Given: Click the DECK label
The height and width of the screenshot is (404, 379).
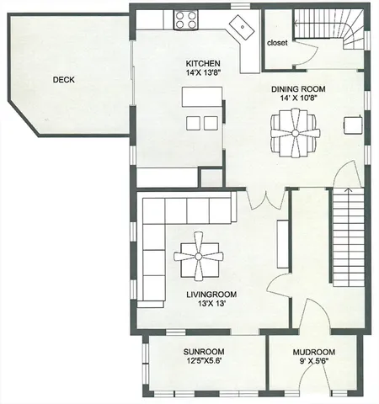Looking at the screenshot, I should (x=65, y=80).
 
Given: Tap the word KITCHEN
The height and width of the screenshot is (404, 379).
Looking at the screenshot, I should (x=203, y=64).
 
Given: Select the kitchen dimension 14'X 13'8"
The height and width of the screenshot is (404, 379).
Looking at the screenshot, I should (x=203, y=74).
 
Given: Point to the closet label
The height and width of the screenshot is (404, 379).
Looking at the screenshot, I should (x=278, y=42).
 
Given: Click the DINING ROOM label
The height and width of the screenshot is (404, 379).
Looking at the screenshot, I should (x=297, y=88).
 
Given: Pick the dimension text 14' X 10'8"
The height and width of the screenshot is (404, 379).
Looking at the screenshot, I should (x=297, y=98).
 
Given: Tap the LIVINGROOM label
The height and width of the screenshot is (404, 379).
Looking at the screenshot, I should (x=211, y=295).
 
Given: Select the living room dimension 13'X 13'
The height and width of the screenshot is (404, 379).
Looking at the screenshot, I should (x=211, y=305).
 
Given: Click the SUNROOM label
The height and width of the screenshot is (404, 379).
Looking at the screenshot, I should (x=204, y=352).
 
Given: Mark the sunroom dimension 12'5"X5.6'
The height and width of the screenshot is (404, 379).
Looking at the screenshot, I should (x=204, y=362).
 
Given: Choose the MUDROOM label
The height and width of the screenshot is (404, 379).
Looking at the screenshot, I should (x=314, y=352).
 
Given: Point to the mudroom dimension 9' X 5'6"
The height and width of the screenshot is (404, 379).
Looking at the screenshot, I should (x=314, y=362).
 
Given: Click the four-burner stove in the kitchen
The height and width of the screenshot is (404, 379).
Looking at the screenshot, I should (x=186, y=19).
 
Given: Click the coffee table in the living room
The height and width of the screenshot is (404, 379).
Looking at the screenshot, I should (x=199, y=255).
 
